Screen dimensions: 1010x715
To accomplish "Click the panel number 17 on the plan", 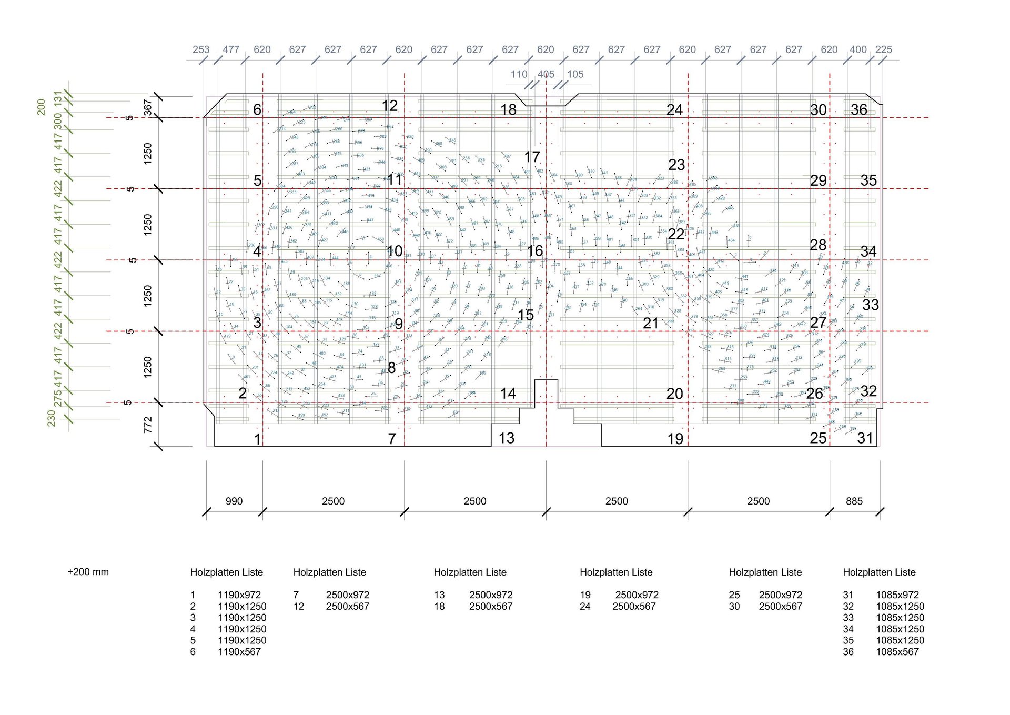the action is (532, 157).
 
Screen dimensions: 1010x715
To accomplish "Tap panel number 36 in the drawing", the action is (858, 109).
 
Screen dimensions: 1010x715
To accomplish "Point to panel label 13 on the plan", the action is (506, 438).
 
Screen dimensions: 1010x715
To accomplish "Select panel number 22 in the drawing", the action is (676, 234).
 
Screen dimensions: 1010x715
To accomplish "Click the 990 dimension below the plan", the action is (234, 501).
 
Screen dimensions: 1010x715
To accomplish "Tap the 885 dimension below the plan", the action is (854, 501).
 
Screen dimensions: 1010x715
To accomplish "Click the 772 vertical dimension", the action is (148, 425).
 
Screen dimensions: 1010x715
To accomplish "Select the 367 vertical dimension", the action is (148, 107).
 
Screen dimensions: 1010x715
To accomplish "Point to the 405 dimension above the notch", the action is (546, 74).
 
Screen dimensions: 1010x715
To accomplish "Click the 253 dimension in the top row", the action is (201, 49).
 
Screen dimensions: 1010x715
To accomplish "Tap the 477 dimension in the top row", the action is (231, 49).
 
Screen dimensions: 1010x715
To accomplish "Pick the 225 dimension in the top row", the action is (884, 49).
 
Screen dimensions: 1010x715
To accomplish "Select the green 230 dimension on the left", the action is (51, 418).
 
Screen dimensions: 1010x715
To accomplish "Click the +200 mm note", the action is (88, 572).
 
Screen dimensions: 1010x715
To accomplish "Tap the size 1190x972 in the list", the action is (239, 595).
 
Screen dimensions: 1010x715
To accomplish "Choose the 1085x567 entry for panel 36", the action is (897, 652).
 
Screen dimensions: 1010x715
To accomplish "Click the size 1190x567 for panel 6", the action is (239, 652).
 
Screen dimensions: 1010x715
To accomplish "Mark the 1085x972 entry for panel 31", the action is (897, 595).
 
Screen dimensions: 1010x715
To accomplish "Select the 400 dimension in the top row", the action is (858, 49).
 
